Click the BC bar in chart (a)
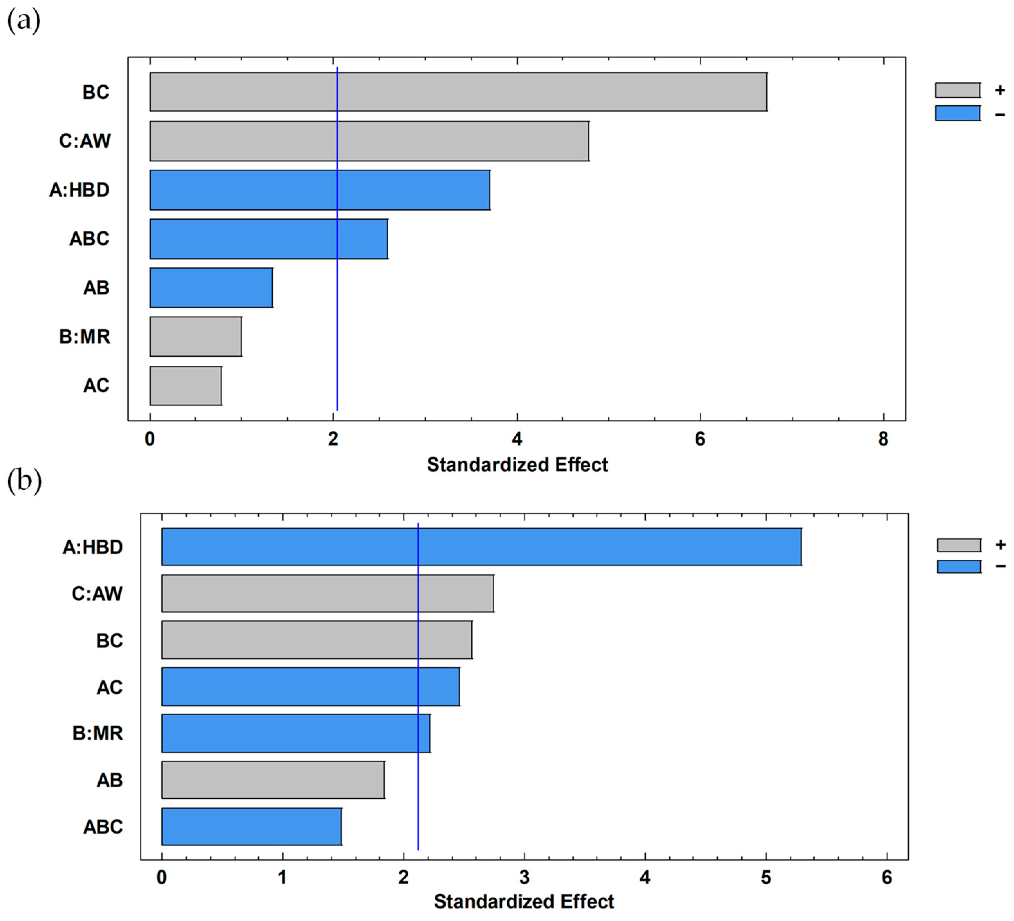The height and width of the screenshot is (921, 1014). (458, 91)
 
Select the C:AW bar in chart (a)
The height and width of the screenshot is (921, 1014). (369, 141)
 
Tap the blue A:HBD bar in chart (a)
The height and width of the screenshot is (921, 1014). (320, 190)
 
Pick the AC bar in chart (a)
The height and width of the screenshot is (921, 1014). (185, 386)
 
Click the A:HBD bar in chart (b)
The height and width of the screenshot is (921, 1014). (481, 547)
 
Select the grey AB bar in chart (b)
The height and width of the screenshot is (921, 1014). (273, 780)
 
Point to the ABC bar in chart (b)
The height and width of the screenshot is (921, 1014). (252, 826)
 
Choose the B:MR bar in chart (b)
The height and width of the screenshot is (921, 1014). (296, 733)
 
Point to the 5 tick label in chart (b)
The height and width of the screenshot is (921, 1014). (766, 878)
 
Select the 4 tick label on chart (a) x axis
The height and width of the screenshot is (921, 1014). (517, 439)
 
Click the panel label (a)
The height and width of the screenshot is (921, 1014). (24, 21)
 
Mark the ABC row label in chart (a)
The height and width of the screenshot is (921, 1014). (89, 239)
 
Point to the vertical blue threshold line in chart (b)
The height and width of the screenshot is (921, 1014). (418, 687)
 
